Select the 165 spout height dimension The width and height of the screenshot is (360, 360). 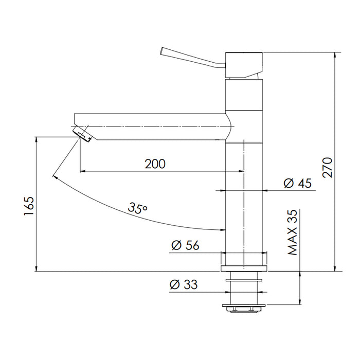(29, 206)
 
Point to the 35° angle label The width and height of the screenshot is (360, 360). (138, 208)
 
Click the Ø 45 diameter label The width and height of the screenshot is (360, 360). (298, 183)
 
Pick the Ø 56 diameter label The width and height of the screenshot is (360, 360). (185, 246)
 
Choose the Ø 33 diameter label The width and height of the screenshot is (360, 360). (184, 284)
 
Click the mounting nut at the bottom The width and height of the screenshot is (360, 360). (244, 308)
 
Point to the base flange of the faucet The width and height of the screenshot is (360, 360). (244, 268)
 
